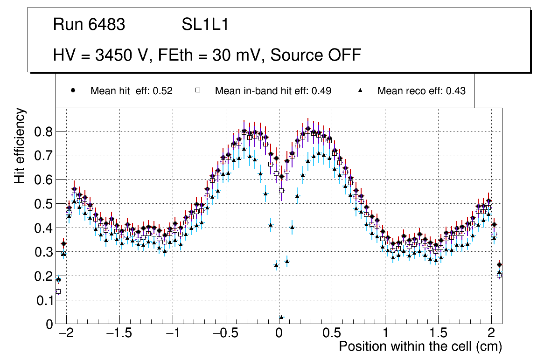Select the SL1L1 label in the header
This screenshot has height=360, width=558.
[205, 25]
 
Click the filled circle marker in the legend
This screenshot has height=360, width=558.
[73, 91]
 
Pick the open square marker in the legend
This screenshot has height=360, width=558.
[197, 91]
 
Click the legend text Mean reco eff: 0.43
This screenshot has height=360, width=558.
[421, 91]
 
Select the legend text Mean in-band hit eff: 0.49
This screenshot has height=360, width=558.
[273, 91]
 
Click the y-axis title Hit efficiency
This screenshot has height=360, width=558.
[20, 146]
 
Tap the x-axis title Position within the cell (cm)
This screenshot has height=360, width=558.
[420, 346]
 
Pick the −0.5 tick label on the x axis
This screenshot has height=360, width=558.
[225, 333]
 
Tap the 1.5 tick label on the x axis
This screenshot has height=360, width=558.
[438, 333]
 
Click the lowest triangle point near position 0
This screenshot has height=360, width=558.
[281, 318]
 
